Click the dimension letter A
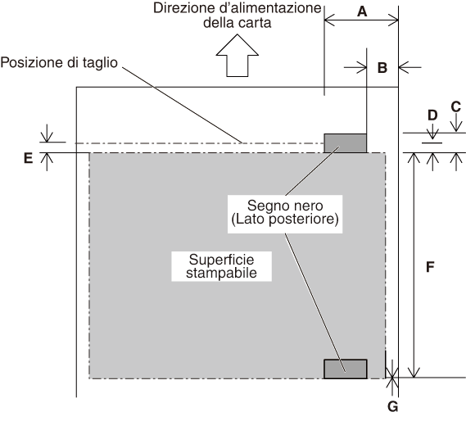tap(362, 11)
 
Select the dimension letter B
tap(382, 68)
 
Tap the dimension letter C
tap(456, 106)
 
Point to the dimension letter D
tap(432, 115)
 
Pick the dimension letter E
tap(28, 158)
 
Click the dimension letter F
tap(430, 267)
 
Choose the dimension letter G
tap(393, 406)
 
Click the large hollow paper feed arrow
tap(238, 56)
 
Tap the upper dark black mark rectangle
tap(345, 143)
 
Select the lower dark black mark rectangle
tap(346, 369)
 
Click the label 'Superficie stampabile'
tap(221, 266)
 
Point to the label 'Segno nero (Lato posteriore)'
tap(285, 212)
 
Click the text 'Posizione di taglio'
tap(59, 63)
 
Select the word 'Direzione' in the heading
tap(184, 8)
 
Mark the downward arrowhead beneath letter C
tap(456, 127)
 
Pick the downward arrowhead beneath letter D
tap(432, 134)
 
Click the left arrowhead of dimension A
tap(329, 20)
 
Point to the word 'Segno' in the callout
tap(263, 206)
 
